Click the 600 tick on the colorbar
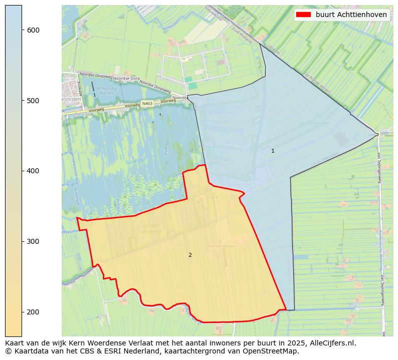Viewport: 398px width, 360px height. pos(33,30)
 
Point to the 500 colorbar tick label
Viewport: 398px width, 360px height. pos(33,101)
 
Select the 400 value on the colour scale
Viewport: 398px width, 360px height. pos(33,171)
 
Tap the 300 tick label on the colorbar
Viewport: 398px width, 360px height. pos(33,241)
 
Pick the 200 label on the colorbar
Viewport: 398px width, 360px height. pos(33,312)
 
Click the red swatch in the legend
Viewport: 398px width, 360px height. pos(303,15)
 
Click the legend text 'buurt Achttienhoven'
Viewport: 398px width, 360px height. pos(351,15)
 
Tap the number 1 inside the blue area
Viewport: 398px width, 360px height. pos(273,151)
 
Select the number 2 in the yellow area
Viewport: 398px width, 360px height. pos(190,255)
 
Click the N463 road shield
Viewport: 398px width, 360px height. pos(147,104)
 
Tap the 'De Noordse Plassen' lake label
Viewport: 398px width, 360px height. pos(107,91)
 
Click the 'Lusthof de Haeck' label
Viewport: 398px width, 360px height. pos(151,229)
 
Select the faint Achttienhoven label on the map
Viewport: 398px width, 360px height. pos(222,246)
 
